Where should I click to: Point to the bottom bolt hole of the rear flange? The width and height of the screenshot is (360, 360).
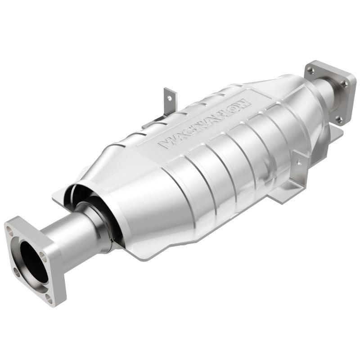tap(339, 118)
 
